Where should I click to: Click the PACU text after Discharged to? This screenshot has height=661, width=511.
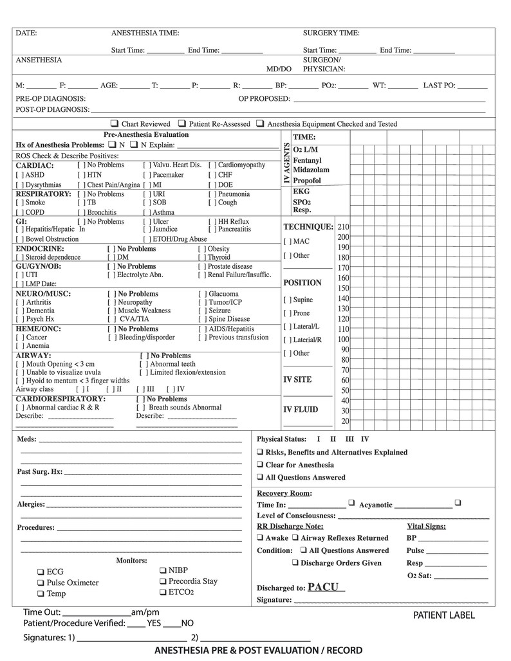click(326, 587)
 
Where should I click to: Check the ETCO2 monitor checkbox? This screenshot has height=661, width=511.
click(163, 592)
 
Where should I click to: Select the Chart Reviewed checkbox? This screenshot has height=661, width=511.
click(114, 123)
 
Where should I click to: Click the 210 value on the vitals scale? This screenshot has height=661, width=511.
click(343, 227)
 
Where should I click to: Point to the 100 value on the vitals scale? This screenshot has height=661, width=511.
click(343, 340)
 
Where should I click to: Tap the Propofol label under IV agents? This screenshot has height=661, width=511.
click(306, 181)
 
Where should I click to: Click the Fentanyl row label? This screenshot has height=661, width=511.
click(307, 160)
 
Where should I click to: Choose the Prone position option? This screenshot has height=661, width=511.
click(286, 314)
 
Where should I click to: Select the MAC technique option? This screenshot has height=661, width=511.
click(286, 242)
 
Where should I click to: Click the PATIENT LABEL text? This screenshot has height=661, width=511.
click(443, 615)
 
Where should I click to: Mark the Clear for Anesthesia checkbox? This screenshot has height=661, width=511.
click(259, 465)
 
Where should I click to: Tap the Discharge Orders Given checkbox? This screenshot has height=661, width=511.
click(295, 563)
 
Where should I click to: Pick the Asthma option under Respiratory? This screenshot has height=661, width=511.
click(147, 212)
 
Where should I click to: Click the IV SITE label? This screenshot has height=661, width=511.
click(297, 379)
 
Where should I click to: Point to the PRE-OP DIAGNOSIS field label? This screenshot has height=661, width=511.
click(50, 98)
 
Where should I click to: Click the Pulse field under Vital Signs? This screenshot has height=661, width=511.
click(447, 551)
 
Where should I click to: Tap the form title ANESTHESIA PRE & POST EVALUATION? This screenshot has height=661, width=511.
click(258, 651)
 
